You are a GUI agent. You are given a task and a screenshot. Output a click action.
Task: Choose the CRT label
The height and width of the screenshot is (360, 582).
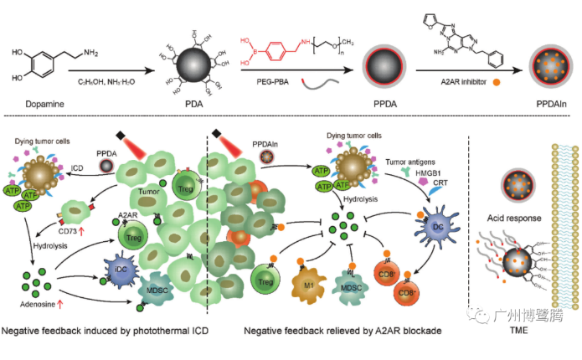coord(440,183)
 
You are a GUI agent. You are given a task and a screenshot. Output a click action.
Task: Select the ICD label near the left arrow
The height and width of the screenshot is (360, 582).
coord(76,167)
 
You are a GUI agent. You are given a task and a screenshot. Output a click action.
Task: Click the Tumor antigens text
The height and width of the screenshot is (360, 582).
coord(410,157)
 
